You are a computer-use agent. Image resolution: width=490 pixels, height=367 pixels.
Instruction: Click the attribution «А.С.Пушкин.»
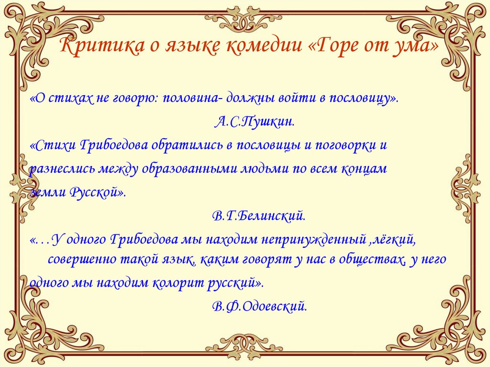[254, 122]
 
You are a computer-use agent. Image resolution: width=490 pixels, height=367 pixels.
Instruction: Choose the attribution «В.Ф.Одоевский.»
[259, 306]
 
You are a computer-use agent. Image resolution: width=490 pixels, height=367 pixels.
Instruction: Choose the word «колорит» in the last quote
[177, 283]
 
